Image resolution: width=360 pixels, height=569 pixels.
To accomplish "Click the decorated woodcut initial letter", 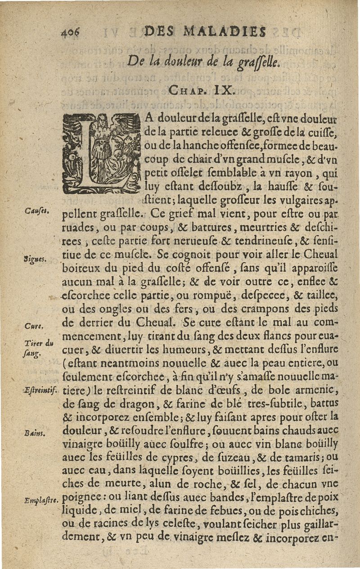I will tap(102, 153).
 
